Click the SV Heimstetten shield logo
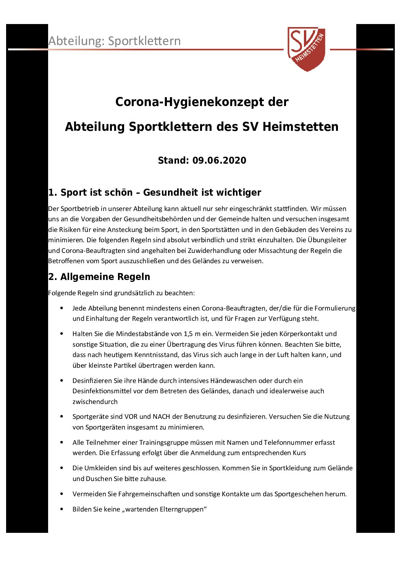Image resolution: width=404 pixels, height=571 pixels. point(306,48)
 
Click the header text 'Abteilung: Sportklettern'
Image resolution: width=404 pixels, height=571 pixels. point(115,41)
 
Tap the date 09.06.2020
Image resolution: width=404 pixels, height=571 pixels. point(219,161)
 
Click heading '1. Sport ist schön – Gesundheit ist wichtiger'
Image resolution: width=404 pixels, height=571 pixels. point(155,193)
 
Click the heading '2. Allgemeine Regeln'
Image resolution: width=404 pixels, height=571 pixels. point(99,277)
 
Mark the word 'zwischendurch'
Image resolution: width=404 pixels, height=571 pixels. point(95,402)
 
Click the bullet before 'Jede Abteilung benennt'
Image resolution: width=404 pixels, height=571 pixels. point(62,308)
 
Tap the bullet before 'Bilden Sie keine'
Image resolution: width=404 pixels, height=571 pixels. point(62,509)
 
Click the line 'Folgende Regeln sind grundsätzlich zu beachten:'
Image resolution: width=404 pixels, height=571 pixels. point(121,293)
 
